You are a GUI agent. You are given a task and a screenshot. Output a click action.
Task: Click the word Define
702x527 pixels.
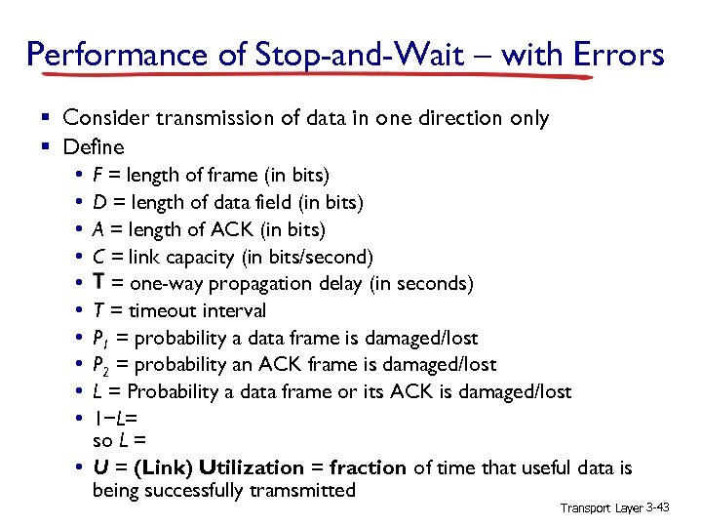pos(94,147)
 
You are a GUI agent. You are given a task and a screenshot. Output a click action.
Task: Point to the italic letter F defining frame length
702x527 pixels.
pos(97,176)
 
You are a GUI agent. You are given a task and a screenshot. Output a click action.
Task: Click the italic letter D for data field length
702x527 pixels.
pos(98,203)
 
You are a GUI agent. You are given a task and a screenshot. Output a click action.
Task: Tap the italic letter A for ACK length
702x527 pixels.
pos(98,230)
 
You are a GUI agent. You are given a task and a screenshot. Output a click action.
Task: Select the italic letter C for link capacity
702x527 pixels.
pos(98,257)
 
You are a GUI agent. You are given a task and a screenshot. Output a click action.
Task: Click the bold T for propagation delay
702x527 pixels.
pos(98,284)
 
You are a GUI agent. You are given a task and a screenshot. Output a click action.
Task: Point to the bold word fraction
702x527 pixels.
pos(370,468)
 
